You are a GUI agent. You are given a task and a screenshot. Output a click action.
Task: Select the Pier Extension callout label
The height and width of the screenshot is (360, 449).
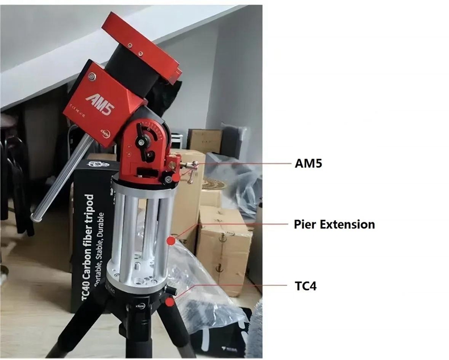[334, 224]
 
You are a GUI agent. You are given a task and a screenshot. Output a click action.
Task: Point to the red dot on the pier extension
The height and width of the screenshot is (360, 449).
[171, 241]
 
